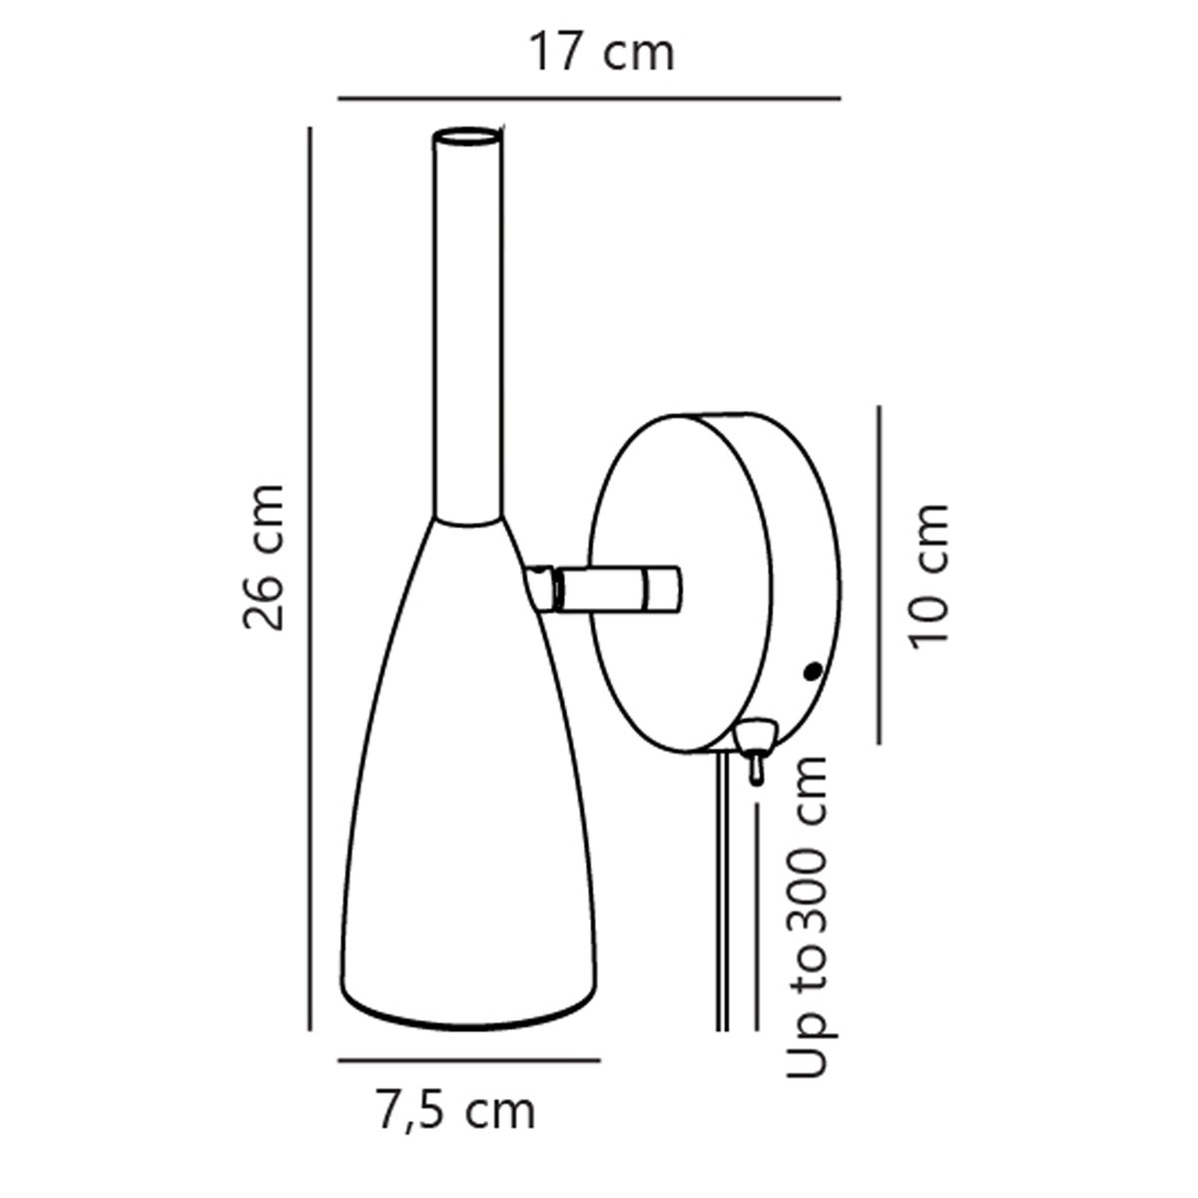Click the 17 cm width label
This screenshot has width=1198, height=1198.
point(601,54)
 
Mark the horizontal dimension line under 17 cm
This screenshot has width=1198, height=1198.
point(589,98)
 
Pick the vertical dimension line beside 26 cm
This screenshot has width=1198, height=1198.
point(309,579)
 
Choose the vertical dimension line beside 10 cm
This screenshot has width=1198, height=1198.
point(880,574)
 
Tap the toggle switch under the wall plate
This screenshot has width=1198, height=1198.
point(755,749)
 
